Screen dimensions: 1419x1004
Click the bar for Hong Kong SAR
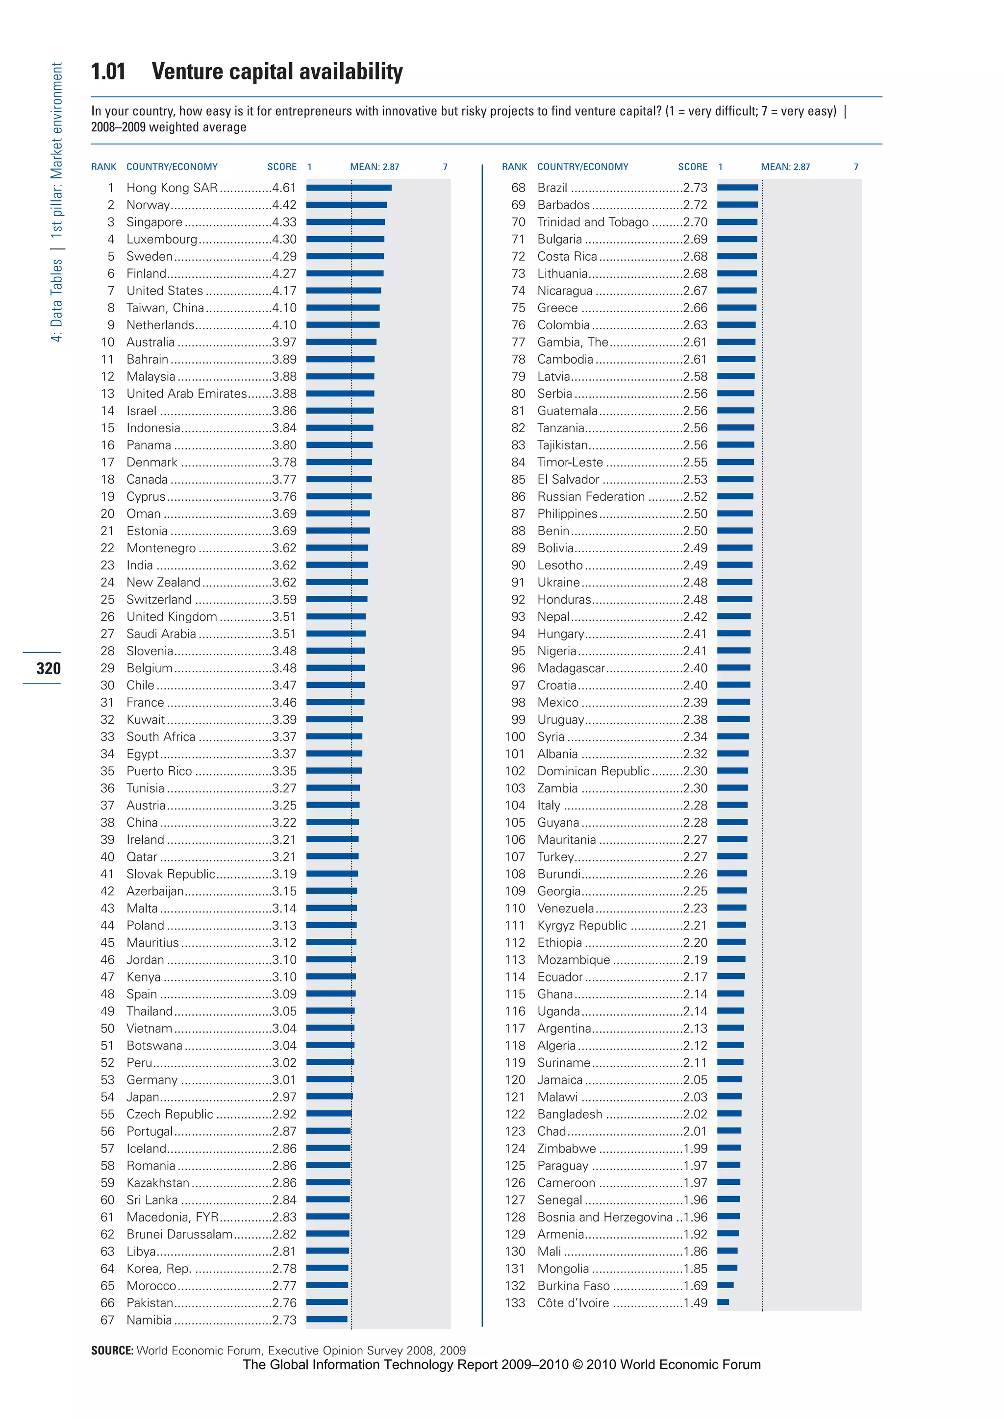point(349,188)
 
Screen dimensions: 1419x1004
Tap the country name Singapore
point(154,222)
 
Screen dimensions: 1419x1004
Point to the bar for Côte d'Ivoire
point(723,1302)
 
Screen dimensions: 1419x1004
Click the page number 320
point(48,668)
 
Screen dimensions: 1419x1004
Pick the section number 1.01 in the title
point(108,72)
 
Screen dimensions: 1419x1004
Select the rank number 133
point(515,1303)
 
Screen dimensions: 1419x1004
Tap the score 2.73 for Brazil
point(695,188)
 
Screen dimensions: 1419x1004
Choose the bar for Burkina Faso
point(725,1285)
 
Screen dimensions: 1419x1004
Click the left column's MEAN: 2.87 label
point(374,167)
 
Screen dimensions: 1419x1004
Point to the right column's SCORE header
point(692,167)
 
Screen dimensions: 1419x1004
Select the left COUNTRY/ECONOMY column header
point(172,167)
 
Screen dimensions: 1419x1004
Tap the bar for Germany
point(330,1079)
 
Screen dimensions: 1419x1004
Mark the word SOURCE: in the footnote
point(112,1350)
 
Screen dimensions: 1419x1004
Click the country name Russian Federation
point(590,497)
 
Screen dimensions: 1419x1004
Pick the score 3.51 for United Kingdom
point(284,617)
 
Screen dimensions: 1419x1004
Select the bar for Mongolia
point(727,1268)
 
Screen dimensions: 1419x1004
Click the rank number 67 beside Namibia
point(107,1320)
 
